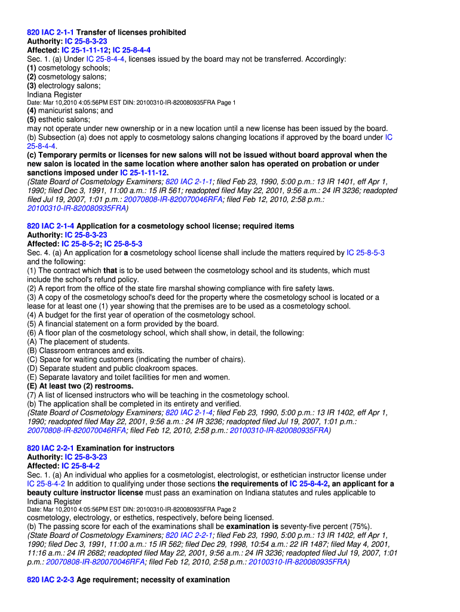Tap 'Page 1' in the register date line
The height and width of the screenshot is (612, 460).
click(226, 103)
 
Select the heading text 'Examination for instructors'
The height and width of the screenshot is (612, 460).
click(125, 448)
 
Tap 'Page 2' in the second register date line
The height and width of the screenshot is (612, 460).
click(226, 509)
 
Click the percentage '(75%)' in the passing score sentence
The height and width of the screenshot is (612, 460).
click(357, 526)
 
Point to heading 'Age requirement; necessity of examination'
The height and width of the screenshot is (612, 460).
click(153, 580)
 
